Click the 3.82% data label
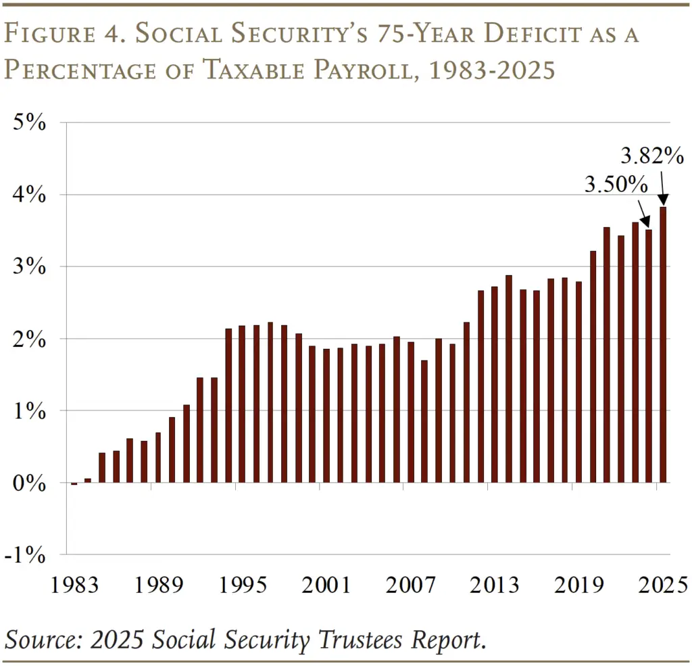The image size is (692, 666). (652, 157)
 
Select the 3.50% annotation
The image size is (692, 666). (616, 185)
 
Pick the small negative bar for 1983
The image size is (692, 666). (74, 483)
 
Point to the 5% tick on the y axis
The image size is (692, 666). (32, 123)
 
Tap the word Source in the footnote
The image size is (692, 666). (41, 639)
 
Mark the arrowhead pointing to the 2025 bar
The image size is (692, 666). (664, 200)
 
